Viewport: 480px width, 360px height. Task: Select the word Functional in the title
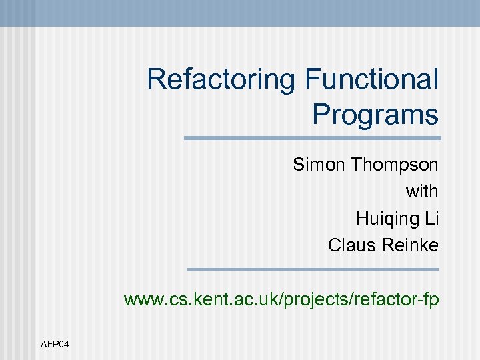coord(372,80)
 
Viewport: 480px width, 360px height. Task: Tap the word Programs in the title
coord(375,115)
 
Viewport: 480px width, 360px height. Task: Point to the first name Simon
coord(317,165)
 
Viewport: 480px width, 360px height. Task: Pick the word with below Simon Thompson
coord(422,191)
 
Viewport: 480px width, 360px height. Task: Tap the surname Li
coord(431,218)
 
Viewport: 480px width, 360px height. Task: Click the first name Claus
coord(351,245)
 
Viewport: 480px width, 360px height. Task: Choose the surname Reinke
coord(409,245)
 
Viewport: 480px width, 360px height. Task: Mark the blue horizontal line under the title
coord(312,138)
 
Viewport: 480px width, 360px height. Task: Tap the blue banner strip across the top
coord(240,13)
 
